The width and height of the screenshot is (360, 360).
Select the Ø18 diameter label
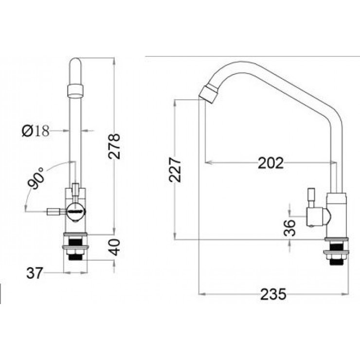tap(36, 130)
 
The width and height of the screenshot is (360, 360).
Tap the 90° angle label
tap(36, 179)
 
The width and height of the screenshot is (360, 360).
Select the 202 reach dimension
tap(270, 162)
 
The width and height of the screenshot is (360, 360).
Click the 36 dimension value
tap(289, 227)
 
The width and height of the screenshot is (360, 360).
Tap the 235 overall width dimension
tap(273, 294)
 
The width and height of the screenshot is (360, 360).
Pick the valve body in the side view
tap(336, 214)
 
